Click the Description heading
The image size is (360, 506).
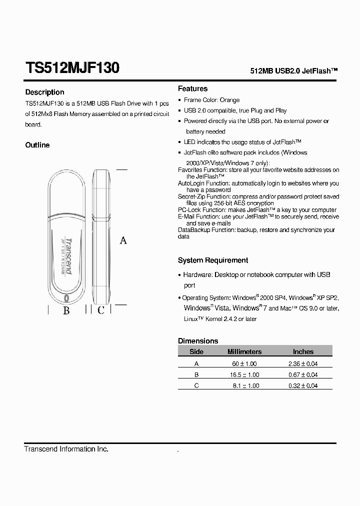[45, 92]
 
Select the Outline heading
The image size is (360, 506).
[37, 145]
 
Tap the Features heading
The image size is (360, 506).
[192, 88]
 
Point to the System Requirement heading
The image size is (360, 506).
[213, 260]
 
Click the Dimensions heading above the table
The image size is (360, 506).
[198, 341]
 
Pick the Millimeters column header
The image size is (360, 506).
[244, 351]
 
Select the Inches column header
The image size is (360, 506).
[303, 351]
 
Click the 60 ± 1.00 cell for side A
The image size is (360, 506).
[244, 363]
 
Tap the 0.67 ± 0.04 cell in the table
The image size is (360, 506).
[303, 374]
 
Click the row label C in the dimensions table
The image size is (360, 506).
[196, 385]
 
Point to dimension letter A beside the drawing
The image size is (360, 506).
[123, 240]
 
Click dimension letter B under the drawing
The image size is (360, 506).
[66, 310]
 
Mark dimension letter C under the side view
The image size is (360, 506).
[100, 310]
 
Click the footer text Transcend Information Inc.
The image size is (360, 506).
[66, 449]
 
